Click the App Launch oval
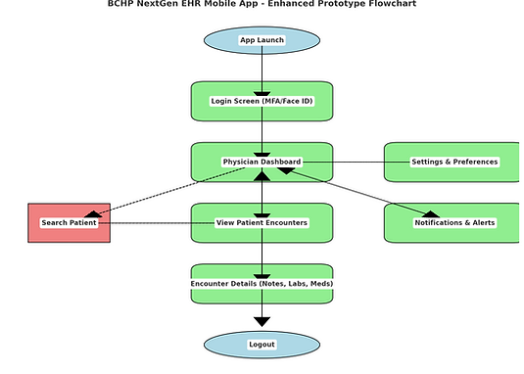point(262,40)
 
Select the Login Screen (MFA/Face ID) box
point(262,101)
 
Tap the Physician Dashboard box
point(262,162)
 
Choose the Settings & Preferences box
point(453,162)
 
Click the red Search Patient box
point(69,223)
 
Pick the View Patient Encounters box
point(262,223)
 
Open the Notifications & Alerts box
point(453,223)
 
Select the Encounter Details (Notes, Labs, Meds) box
point(262,284)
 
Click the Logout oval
point(262,345)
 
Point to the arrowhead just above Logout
point(262,320)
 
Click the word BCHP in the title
point(123,5)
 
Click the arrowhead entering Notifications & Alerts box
point(429,212)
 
